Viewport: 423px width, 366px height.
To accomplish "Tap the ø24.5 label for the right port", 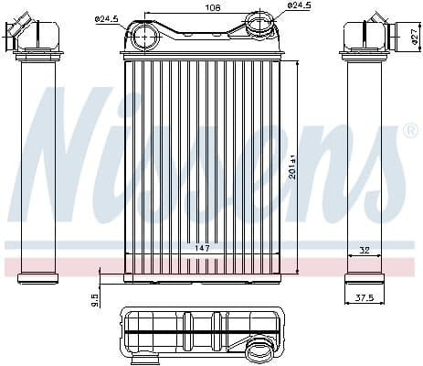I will (301, 5).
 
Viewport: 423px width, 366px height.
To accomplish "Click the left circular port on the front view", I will (143, 38).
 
